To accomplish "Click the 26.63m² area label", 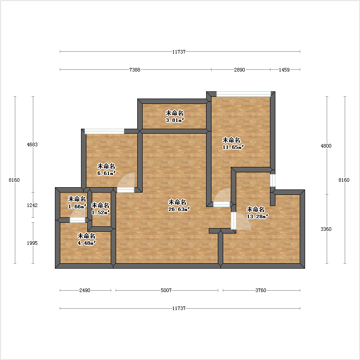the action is click(179, 209).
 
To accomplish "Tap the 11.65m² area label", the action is click(233, 147).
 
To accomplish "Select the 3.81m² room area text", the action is click(175, 120).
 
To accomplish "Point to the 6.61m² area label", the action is click(106, 173).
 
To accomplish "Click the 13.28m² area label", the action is click(257, 216).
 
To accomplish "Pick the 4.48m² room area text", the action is click(86, 243).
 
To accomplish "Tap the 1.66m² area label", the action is click(77, 207).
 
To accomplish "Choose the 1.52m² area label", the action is click(100, 212).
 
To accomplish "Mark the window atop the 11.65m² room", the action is click(243, 94).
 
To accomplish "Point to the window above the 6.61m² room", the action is click(104, 131).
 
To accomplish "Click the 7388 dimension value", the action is click(135, 70).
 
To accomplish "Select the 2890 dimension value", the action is click(239, 70).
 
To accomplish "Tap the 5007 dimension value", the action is click(166, 290).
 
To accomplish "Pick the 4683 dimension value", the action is click(32, 144).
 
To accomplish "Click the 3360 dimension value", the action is click(326, 229).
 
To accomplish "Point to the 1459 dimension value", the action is click(284, 70).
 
